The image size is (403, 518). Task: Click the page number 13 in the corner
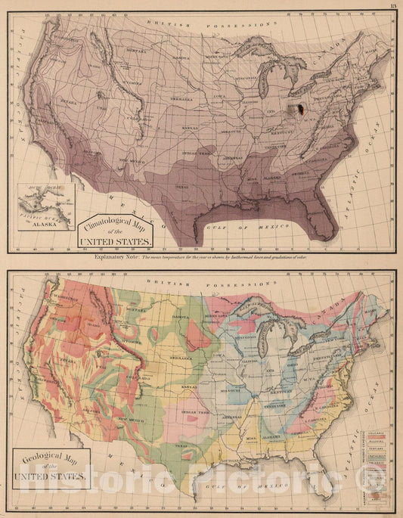coord(393,7)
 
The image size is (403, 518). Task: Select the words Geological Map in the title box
coord(51,459)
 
